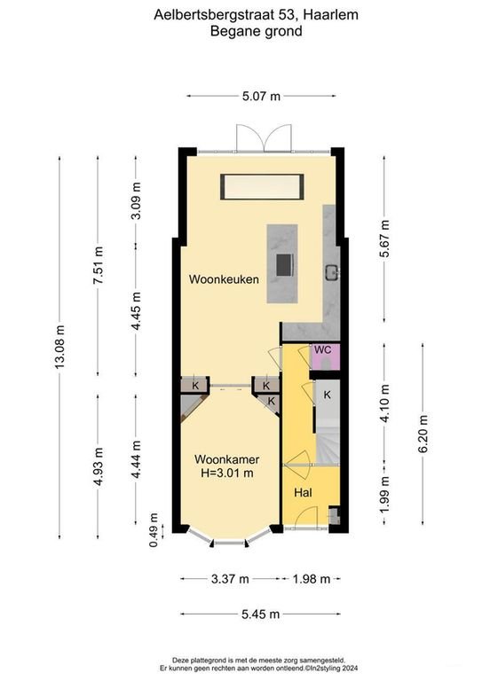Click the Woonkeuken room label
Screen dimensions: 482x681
224,279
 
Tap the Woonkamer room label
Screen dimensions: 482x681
227,459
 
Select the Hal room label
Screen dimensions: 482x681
303,492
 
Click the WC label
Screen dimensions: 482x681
322,350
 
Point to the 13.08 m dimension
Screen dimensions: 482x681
59,347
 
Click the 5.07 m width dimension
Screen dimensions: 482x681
261,96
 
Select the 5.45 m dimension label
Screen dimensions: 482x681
260,614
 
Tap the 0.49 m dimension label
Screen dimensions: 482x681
154,530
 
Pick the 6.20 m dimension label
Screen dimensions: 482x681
423,434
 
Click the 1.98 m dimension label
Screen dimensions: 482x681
312,579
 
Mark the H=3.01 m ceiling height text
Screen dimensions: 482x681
227,473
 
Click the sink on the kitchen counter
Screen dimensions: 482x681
333,272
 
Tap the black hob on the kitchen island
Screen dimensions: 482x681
284,265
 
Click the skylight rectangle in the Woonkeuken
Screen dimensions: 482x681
262,187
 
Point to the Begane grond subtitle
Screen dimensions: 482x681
256,31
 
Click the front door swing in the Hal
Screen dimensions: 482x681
306,517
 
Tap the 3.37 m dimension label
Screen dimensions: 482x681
230,579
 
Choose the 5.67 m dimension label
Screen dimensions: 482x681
384,239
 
